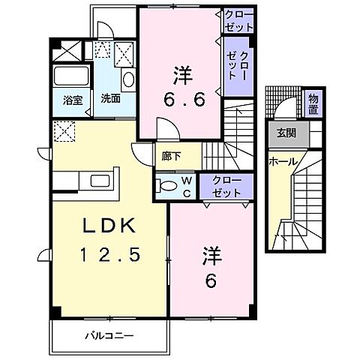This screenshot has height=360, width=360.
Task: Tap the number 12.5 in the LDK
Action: pos(105,255)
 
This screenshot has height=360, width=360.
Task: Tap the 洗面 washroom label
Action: pos(111,98)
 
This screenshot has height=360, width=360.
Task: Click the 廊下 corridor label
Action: pos(170,158)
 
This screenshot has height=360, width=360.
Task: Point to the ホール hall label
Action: pos(282,160)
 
